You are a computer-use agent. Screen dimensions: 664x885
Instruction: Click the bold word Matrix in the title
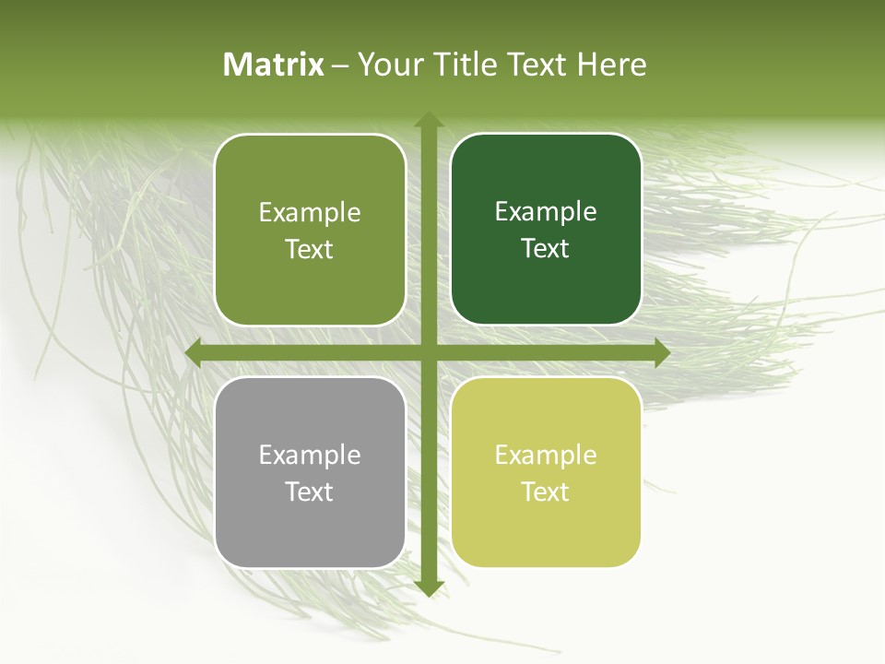[274, 65]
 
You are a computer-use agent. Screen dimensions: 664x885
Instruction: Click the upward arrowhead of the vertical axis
[428, 121]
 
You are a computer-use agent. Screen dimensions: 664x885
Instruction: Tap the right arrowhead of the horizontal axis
[661, 353]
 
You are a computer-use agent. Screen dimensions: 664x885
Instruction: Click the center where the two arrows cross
[428, 353]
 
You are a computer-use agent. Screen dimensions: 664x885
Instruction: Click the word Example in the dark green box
[546, 211]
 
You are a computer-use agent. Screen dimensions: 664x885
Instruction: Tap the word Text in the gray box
[310, 492]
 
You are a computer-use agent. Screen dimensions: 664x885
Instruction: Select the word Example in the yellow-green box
[546, 455]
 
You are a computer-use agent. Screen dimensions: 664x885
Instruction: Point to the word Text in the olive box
[310, 249]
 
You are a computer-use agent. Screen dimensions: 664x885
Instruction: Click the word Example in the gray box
[310, 455]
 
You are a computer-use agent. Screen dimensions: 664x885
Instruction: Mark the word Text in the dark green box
[546, 249]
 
